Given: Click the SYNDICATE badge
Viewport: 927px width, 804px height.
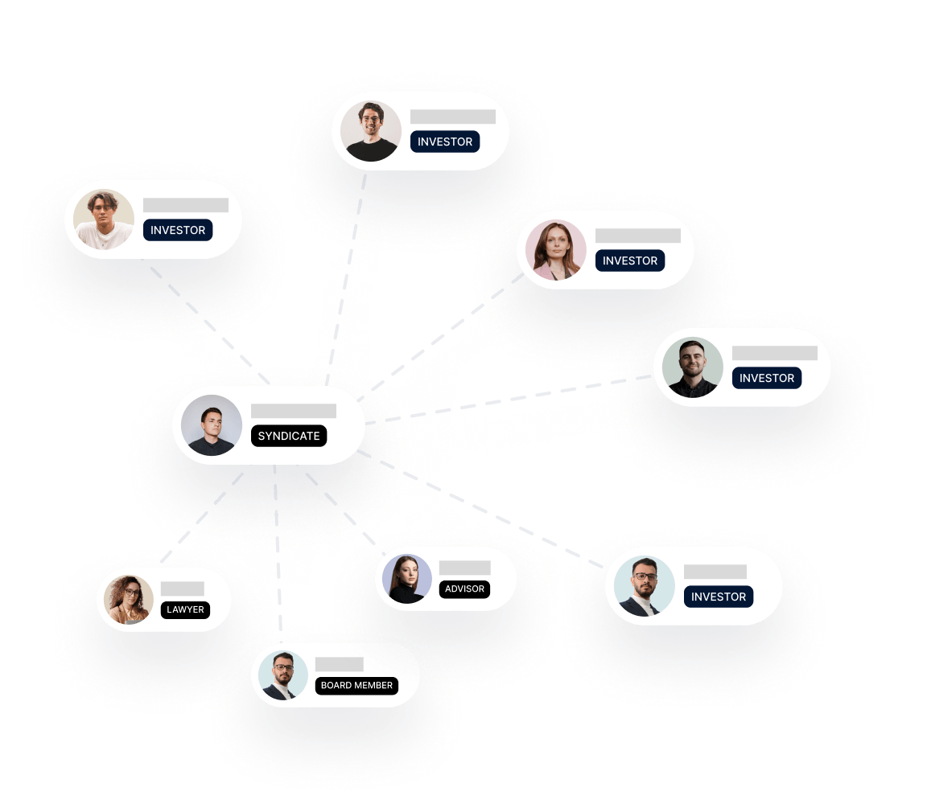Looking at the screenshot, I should [289, 436].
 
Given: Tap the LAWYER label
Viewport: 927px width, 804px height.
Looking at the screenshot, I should [185, 609].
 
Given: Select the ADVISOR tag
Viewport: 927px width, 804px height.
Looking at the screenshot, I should [465, 589].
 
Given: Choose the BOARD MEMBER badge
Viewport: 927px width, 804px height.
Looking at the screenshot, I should [356, 686].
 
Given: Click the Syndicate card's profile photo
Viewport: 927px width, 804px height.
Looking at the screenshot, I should [212, 425].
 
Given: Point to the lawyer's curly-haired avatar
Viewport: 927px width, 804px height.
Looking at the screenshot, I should [129, 600].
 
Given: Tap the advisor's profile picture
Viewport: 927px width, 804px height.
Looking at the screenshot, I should [407, 579].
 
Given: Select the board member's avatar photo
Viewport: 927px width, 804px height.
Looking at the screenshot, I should [282, 675].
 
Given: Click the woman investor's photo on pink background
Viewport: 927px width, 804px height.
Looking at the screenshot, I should [556, 250].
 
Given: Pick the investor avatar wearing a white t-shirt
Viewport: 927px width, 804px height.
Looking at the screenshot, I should [104, 219].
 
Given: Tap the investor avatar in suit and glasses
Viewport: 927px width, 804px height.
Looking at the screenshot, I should [645, 586].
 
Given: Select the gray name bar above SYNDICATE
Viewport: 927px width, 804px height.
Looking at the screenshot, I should [293, 411].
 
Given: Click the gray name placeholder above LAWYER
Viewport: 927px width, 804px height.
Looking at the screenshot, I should [182, 589].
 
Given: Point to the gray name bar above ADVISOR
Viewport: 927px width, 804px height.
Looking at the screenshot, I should [464, 568].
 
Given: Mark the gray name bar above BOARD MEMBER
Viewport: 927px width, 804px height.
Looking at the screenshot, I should [339, 664].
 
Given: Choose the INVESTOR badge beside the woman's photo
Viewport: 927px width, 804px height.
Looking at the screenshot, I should [630, 260].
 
